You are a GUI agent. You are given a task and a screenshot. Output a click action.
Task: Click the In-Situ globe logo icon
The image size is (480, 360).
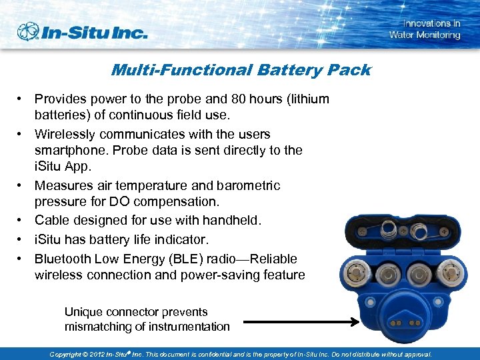[x=29, y=31]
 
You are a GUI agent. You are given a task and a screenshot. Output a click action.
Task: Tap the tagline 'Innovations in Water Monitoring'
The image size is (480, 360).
[x=425, y=29]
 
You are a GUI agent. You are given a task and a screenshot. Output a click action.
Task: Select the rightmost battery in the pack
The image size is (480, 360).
[x=449, y=273]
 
